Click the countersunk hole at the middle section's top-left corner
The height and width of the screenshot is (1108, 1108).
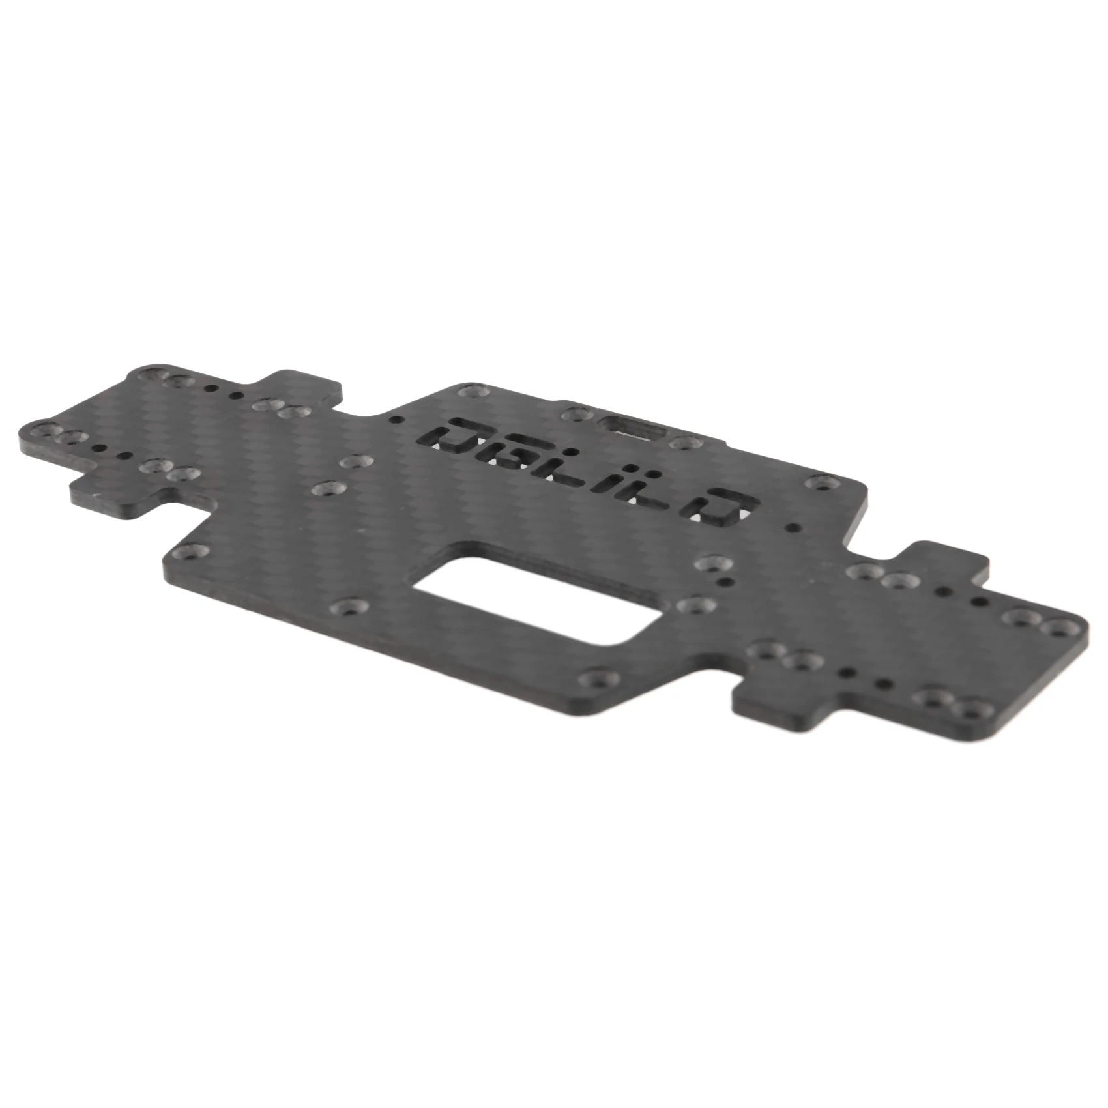pyautogui.click(x=469, y=392)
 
